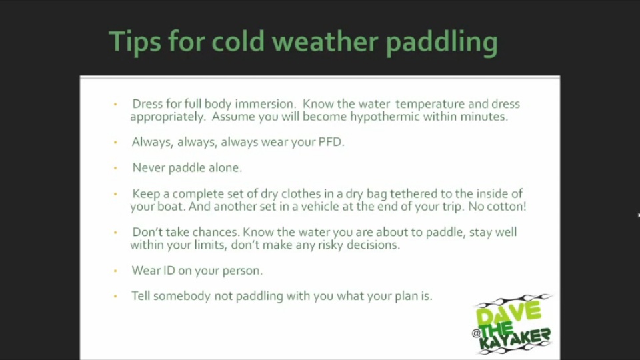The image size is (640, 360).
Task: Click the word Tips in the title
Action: click(135, 42)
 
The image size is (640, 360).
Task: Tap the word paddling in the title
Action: click(441, 42)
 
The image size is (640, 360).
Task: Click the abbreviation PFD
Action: click(331, 141)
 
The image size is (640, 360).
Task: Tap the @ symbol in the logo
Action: click(476, 333)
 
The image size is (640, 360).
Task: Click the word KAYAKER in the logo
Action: click(515, 339)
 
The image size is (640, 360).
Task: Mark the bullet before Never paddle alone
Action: click(115, 168)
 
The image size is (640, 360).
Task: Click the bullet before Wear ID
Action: click(115, 271)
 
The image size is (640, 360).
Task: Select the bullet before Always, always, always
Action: click(115, 142)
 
